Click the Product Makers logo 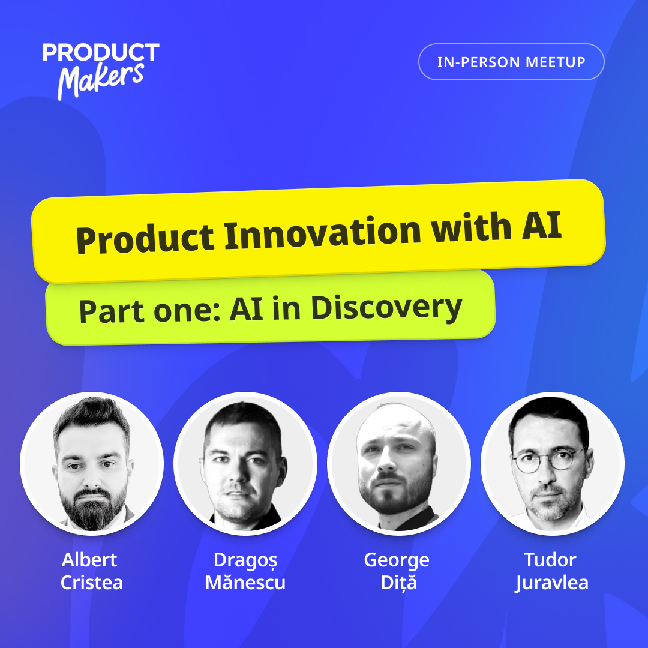[101, 71]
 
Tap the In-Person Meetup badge [511, 62]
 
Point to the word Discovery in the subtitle [386, 308]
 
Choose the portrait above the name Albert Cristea [92, 463]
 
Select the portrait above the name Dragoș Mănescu [245, 463]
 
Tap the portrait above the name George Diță [399, 463]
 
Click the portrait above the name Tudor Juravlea [552, 463]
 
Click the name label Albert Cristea [91, 571]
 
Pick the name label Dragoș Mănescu [245, 571]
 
